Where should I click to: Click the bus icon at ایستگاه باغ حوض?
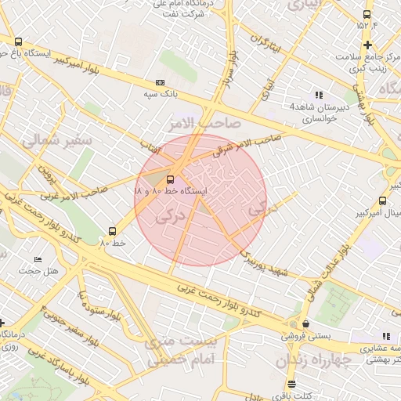point(18,42)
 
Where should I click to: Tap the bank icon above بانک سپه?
point(161,82)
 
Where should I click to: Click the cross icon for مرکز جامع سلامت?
point(367,45)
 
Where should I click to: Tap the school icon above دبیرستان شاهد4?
point(318,94)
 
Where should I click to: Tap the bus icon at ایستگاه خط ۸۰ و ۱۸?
point(171,179)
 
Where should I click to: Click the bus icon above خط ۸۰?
point(113,232)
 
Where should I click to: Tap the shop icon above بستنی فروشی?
point(305,323)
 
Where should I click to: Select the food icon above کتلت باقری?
point(291,384)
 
